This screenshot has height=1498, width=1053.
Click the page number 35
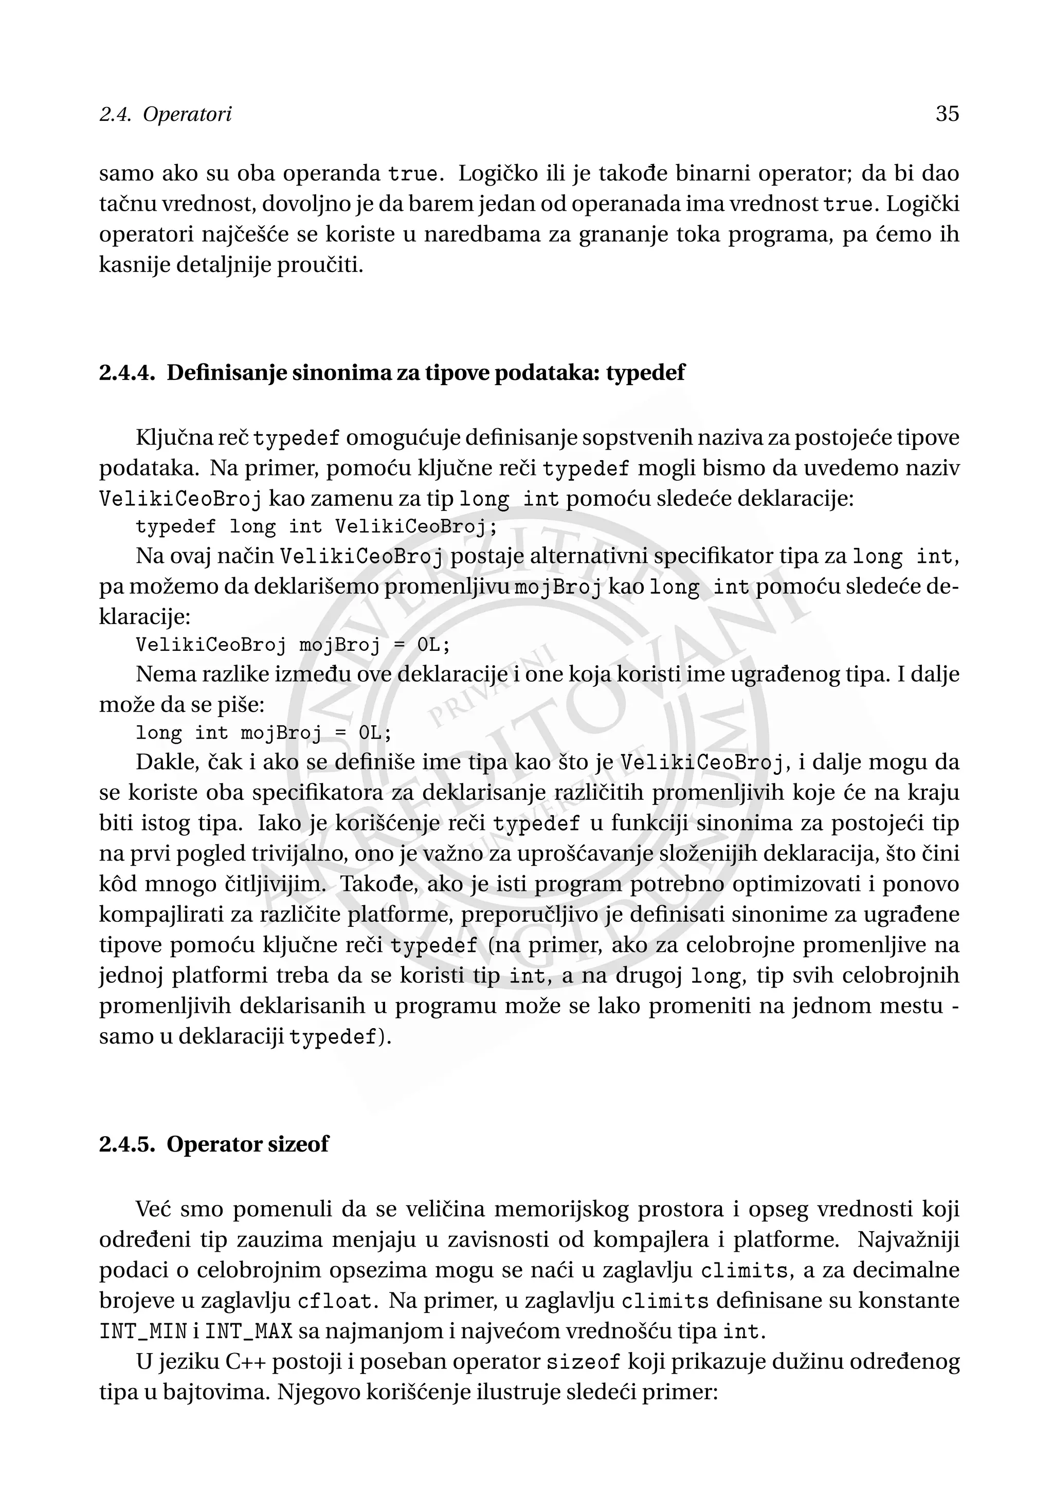pyautogui.click(x=947, y=114)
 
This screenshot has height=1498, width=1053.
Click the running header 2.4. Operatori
pyautogui.click(x=165, y=115)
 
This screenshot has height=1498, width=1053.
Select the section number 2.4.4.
pyautogui.click(x=127, y=373)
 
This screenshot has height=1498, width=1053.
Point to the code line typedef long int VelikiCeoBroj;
pyautogui.click(x=316, y=526)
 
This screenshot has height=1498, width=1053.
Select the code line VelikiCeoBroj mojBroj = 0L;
pyautogui.click(x=293, y=645)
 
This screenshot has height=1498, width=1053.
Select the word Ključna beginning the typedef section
pyautogui.click(x=172, y=438)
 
